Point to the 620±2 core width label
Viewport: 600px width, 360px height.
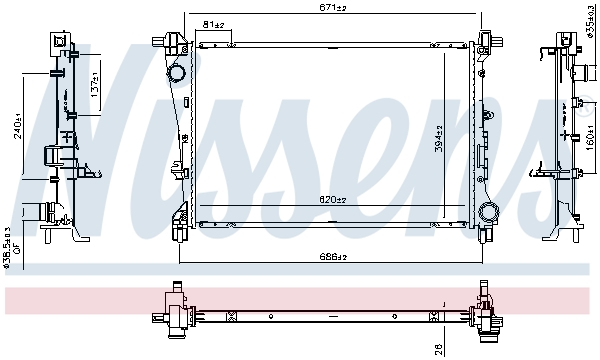pos(334,201)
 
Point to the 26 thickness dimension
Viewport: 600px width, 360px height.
pos(439,350)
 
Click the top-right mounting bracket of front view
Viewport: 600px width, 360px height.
pos(489,41)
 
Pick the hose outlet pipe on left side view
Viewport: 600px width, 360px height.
pos(40,212)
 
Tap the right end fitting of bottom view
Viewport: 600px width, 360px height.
pos(487,315)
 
